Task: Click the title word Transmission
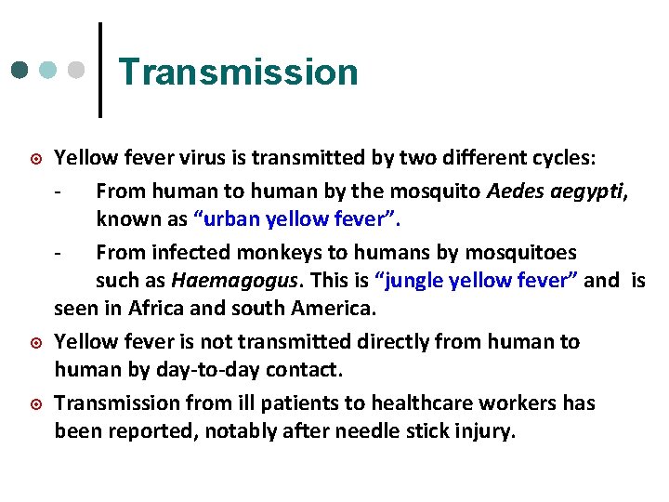pos(238,72)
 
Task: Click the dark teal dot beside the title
pos(20,71)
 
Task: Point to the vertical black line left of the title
pos(99,70)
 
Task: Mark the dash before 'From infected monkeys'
pos(59,252)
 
